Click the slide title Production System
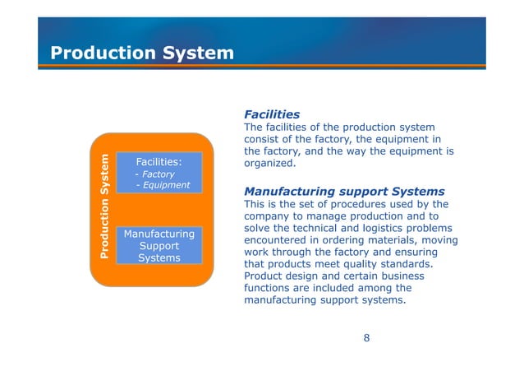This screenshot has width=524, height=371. (142, 53)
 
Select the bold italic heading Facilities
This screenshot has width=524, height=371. (271, 114)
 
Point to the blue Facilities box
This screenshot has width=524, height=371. (159, 172)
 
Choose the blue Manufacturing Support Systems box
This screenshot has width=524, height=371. (159, 245)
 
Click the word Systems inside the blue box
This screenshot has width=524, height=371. (159, 257)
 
